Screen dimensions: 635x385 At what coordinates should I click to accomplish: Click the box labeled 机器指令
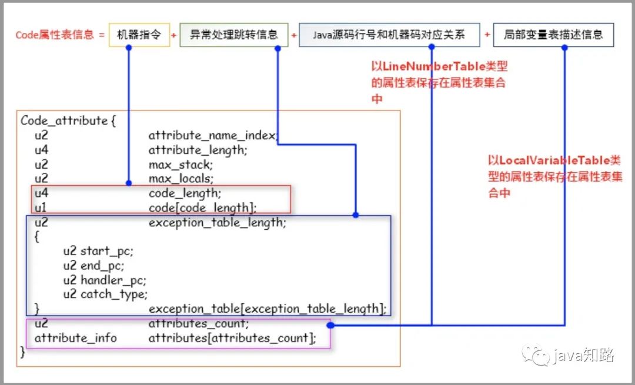[x=139, y=35]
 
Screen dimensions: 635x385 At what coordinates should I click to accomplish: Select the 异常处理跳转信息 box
[x=233, y=35]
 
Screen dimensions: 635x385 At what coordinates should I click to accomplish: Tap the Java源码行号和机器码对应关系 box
[x=389, y=35]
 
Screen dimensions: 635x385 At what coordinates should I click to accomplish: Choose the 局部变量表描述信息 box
[x=553, y=35]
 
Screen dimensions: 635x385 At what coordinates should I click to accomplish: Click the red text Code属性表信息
[x=55, y=35]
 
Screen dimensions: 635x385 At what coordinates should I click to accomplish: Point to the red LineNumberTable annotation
[x=439, y=82]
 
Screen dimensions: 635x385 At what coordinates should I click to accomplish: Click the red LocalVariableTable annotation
[x=555, y=176]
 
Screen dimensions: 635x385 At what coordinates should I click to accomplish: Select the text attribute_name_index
[x=213, y=136]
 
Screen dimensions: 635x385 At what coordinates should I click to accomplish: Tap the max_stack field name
[x=181, y=165]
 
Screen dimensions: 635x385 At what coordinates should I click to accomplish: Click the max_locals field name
[x=181, y=179]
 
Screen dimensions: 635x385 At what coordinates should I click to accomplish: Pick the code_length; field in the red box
[x=185, y=193]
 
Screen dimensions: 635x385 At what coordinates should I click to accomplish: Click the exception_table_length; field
[x=217, y=222]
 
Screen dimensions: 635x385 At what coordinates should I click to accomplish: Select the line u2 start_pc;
[x=98, y=251]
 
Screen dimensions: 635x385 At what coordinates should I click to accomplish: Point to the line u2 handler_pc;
[x=105, y=280]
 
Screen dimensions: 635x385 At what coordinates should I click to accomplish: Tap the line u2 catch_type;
[x=105, y=294]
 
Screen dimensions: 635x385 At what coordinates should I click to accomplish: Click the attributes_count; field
[x=199, y=323]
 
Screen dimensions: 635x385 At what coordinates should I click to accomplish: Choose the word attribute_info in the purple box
[x=76, y=337]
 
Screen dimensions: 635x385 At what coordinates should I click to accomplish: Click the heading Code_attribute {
[x=68, y=120]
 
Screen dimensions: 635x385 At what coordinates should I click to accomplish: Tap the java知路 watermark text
[x=583, y=355]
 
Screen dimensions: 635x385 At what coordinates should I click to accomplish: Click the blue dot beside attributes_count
[x=330, y=325]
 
